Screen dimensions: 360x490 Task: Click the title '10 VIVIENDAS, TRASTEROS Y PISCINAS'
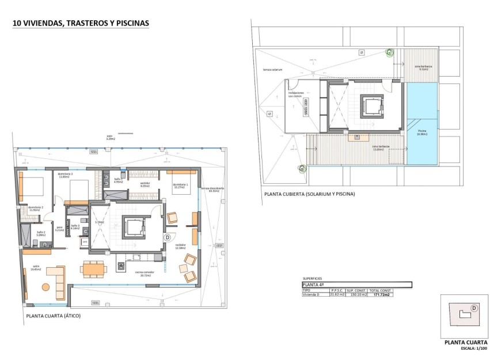click(x=81, y=24)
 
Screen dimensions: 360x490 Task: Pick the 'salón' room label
click(x=36, y=267)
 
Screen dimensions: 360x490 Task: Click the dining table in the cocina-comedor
click(x=93, y=268)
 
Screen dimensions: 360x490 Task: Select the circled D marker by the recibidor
click(x=167, y=237)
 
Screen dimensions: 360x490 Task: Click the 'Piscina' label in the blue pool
click(x=422, y=132)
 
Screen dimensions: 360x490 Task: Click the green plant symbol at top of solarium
click(x=389, y=53)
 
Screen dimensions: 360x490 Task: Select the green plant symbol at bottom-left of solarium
click(x=301, y=169)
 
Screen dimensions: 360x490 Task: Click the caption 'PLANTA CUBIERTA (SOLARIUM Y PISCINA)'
click(x=310, y=194)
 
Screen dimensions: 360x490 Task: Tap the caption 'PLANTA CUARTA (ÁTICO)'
click(x=53, y=316)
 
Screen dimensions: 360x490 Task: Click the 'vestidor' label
click(x=146, y=185)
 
